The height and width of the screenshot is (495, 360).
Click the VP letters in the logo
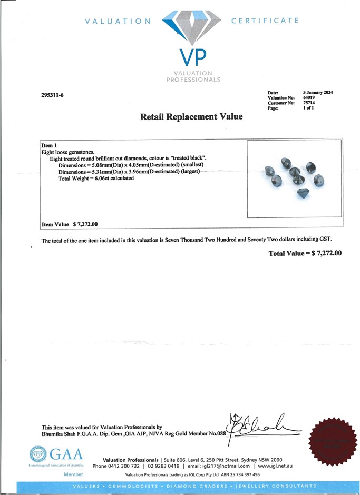click(193, 57)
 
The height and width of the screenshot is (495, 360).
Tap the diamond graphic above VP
click(192, 28)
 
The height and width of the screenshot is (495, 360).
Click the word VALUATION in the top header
click(118, 21)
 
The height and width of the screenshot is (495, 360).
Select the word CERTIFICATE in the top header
click(265, 21)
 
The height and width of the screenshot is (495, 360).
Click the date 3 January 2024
click(318, 93)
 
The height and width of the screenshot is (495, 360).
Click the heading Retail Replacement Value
click(191, 117)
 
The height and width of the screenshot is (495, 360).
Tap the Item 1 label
click(48, 145)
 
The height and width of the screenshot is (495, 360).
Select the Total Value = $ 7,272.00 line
click(305, 253)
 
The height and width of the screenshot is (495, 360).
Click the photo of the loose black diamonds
click(294, 177)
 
